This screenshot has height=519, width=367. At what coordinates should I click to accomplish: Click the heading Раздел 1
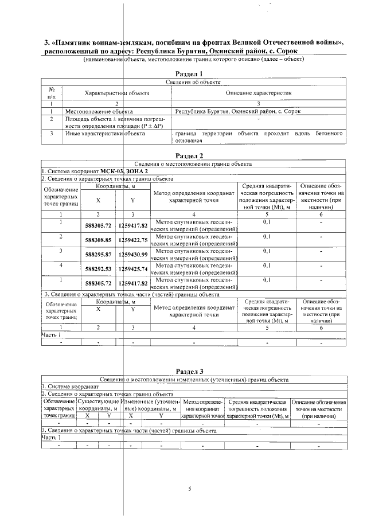(189, 74)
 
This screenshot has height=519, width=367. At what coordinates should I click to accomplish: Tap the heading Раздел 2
(189, 155)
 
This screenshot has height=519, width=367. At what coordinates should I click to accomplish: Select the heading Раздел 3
(189, 372)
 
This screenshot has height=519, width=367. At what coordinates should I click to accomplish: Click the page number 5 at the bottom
(189, 489)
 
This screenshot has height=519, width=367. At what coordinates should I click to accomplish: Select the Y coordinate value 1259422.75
(133, 240)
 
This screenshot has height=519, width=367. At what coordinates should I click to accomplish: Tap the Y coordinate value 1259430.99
(133, 254)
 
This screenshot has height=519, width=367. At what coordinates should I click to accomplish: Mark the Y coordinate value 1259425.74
(133, 268)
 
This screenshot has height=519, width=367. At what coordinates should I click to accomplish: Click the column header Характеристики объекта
(117, 92)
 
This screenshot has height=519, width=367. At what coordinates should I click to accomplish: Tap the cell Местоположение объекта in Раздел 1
(99, 111)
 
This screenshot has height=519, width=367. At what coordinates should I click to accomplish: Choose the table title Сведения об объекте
(189, 83)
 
